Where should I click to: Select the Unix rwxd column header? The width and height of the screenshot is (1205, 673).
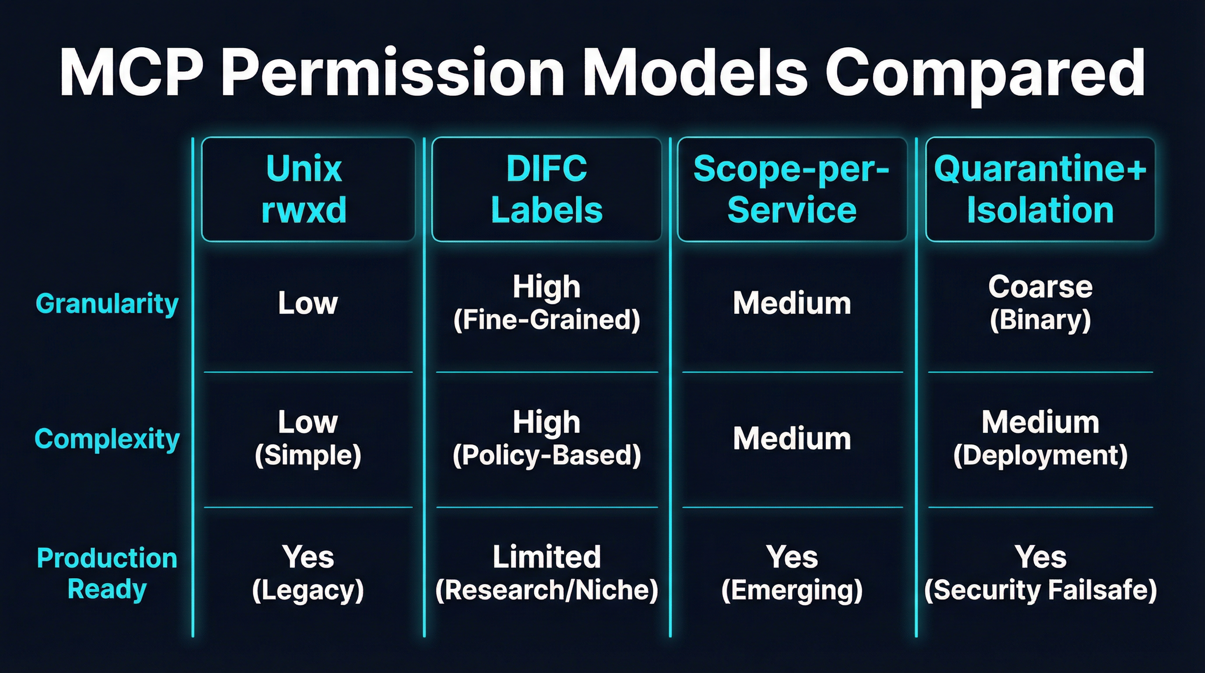[307, 189]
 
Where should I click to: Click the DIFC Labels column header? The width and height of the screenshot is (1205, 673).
[546, 189]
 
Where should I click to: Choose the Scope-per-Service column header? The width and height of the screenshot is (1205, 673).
[792, 189]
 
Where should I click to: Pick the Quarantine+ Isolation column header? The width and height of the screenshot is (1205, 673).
[1040, 189]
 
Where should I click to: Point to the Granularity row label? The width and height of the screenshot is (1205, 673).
[107, 303]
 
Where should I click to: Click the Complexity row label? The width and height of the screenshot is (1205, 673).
[107, 439]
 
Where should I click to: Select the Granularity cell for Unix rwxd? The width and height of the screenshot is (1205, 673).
[307, 303]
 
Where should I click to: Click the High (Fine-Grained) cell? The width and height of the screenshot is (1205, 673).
[546, 303]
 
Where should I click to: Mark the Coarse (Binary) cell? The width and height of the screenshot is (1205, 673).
[1040, 303]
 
